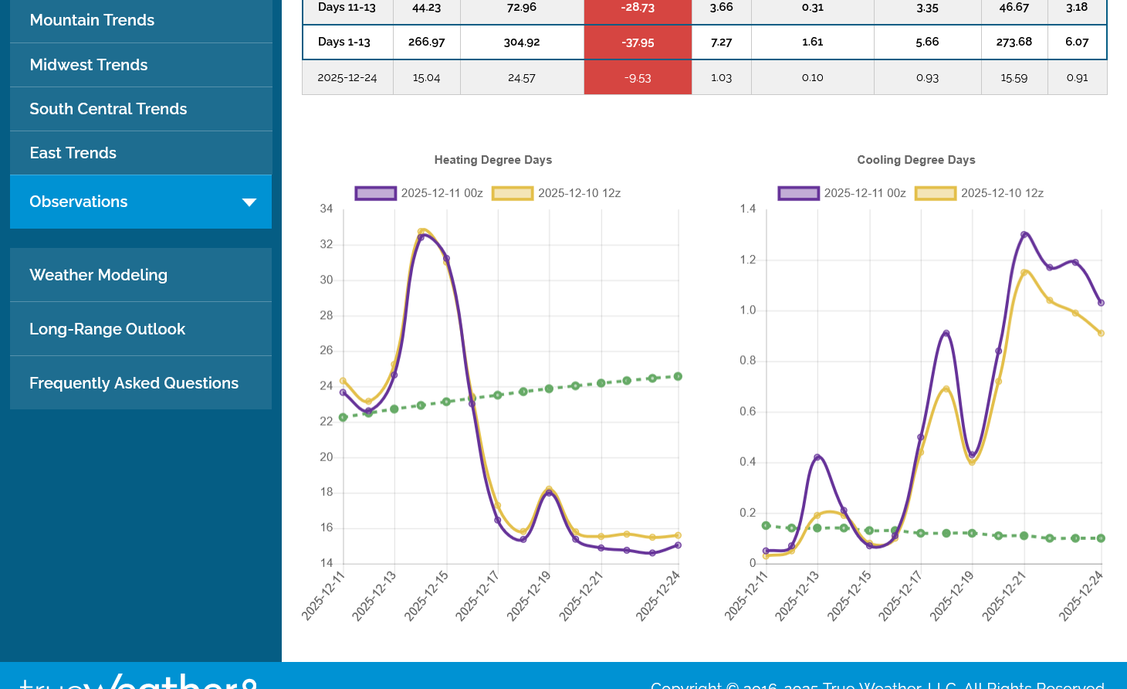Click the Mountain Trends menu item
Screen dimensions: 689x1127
92,20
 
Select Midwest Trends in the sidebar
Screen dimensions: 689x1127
89,65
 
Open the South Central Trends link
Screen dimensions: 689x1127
108,109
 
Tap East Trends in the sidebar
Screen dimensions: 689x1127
73,153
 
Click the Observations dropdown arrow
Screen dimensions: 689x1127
249,202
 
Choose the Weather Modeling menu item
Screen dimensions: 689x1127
98,275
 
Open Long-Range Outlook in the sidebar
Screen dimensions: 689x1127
107,329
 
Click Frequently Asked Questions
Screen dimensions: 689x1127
134,383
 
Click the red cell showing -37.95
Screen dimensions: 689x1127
638,42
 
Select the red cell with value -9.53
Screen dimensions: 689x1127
638,78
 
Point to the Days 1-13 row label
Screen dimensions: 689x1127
344,42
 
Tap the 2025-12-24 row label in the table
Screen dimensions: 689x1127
347,78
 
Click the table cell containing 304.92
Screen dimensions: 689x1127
522,42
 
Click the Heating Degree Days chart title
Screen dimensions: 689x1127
493,160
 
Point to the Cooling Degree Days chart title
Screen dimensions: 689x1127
916,160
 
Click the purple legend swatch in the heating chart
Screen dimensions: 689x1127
376,193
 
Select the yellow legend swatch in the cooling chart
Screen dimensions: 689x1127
936,193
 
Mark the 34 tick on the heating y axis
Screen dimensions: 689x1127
327,209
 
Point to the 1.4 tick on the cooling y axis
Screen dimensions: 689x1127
748,209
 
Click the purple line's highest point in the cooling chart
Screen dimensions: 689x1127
1024,234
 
